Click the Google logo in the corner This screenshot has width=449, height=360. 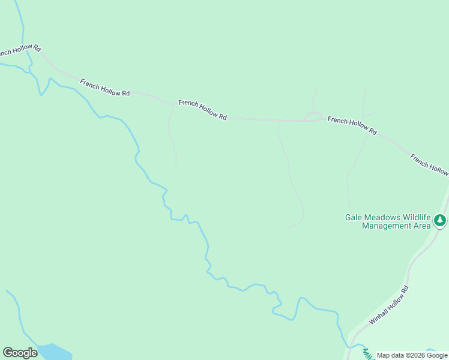20,353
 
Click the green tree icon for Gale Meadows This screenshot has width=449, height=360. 441,221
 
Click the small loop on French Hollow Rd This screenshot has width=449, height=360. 313,116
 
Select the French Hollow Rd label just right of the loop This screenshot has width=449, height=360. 352,125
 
